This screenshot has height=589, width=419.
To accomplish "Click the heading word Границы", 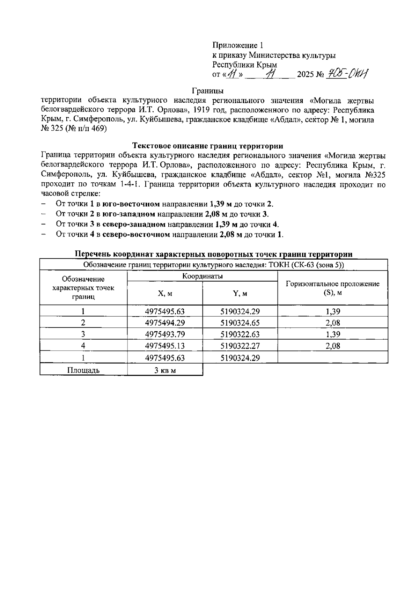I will [x=208, y=91].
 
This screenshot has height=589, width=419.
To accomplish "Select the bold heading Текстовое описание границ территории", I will [x=208, y=146].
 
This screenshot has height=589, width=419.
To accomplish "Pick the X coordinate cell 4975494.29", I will [x=165, y=323].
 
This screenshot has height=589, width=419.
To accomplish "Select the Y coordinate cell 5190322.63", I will [x=240, y=334].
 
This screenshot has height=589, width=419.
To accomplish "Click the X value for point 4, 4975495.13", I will [x=165, y=346].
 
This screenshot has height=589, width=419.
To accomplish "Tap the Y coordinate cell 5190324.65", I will [x=240, y=323].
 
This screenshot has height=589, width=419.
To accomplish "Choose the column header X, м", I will [x=165, y=294].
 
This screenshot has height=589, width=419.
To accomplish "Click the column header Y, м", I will [x=240, y=294].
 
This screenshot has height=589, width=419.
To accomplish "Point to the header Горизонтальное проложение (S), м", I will [x=332, y=288].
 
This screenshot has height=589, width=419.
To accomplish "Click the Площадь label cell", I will [x=83, y=370].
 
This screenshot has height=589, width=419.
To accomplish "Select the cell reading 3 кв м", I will [x=165, y=370].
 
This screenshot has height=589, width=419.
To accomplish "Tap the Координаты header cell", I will [x=203, y=276].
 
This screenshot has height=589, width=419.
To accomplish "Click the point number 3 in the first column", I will [x=83, y=334].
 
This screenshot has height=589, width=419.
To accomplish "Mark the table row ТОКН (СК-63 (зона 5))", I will [x=214, y=265].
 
